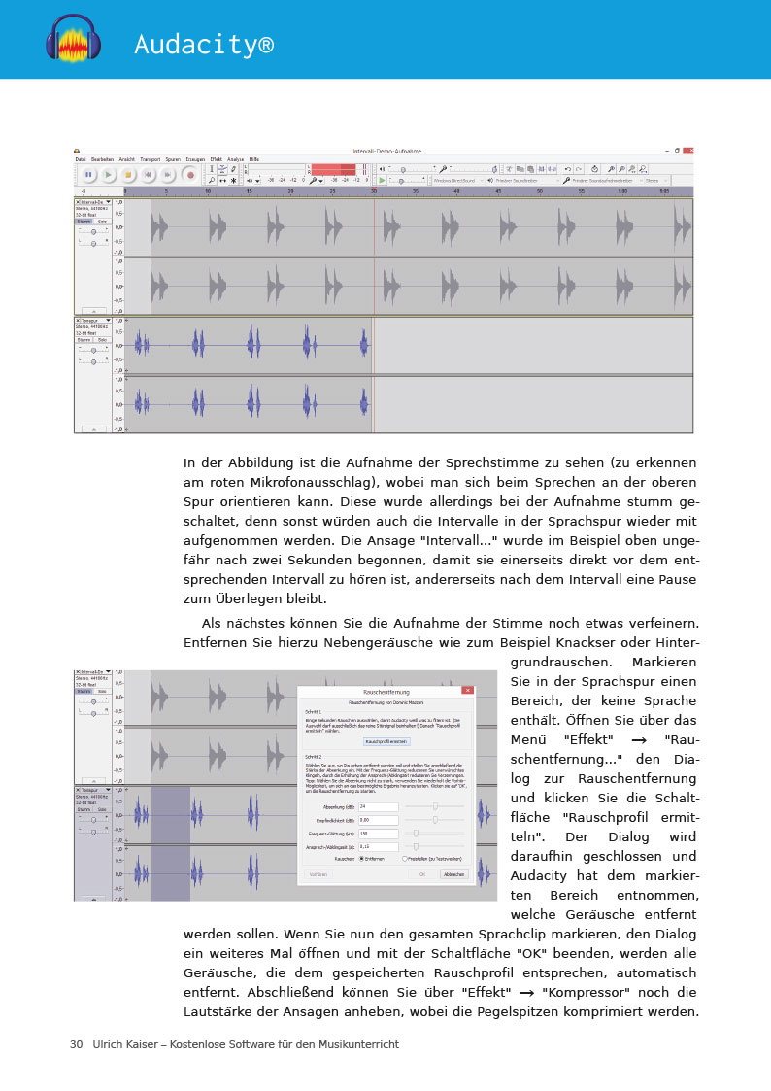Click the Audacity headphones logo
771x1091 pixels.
(73, 39)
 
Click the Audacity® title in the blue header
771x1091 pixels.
(204, 45)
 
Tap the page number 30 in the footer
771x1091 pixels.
(76, 1044)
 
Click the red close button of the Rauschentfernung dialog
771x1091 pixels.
(468, 690)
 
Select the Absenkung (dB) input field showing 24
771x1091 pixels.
(379, 806)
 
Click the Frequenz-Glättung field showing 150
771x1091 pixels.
(379, 833)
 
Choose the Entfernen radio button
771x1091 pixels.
(362, 859)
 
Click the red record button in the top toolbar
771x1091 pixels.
(190, 175)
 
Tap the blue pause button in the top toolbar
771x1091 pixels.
(87, 175)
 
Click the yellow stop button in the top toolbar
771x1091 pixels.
(128, 175)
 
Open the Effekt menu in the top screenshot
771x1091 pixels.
(217, 158)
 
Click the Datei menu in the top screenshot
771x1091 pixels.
(81, 158)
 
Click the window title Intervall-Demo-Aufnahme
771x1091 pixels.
(382, 151)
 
